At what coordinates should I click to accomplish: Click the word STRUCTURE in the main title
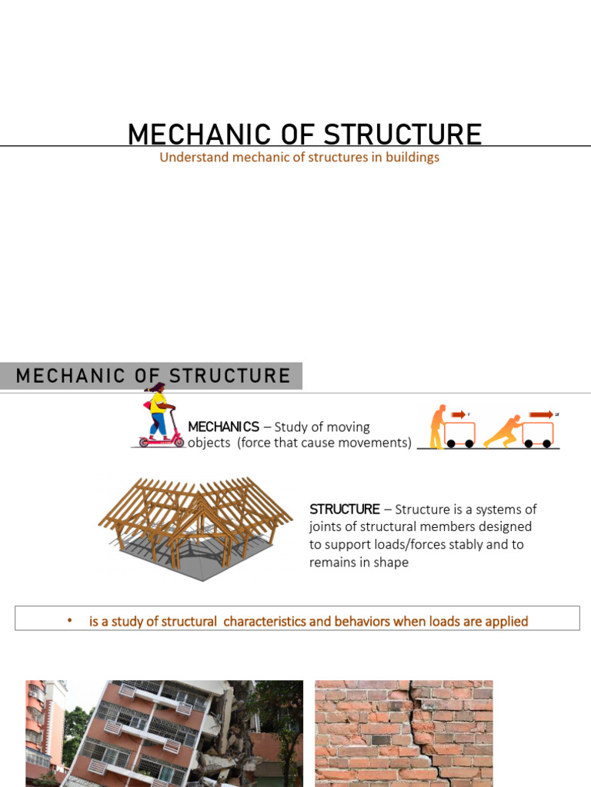pyautogui.click(x=402, y=134)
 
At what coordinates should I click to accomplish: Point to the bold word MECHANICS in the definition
pyautogui.click(x=223, y=427)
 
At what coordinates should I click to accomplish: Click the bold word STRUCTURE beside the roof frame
pyautogui.click(x=344, y=509)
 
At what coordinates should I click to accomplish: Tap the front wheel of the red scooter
pyautogui.click(x=179, y=442)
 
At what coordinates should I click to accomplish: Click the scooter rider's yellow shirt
pyautogui.click(x=157, y=403)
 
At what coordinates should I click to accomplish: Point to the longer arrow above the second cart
pyautogui.click(x=541, y=415)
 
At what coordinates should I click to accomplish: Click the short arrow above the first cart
pyautogui.click(x=459, y=415)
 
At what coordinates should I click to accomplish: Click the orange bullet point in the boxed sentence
pyautogui.click(x=68, y=621)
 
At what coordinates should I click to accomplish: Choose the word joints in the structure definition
pyautogui.click(x=326, y=526)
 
